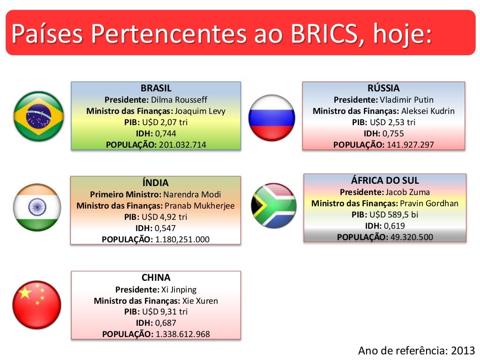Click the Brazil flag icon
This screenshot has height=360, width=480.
[38, 116]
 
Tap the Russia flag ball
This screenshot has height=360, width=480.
[271, 118]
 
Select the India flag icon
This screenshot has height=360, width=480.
[37, 207]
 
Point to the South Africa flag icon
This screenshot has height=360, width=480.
[274, 206]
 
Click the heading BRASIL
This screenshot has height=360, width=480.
[156, 88]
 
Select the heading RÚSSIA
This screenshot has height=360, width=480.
[383, 88]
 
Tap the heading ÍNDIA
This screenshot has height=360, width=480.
[155, 183]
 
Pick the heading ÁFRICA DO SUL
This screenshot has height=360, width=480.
[385, 180]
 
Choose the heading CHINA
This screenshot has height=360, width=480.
[156, 277]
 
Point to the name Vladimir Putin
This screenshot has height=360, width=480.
[406, 99]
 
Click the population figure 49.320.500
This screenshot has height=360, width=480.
[412, 237]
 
